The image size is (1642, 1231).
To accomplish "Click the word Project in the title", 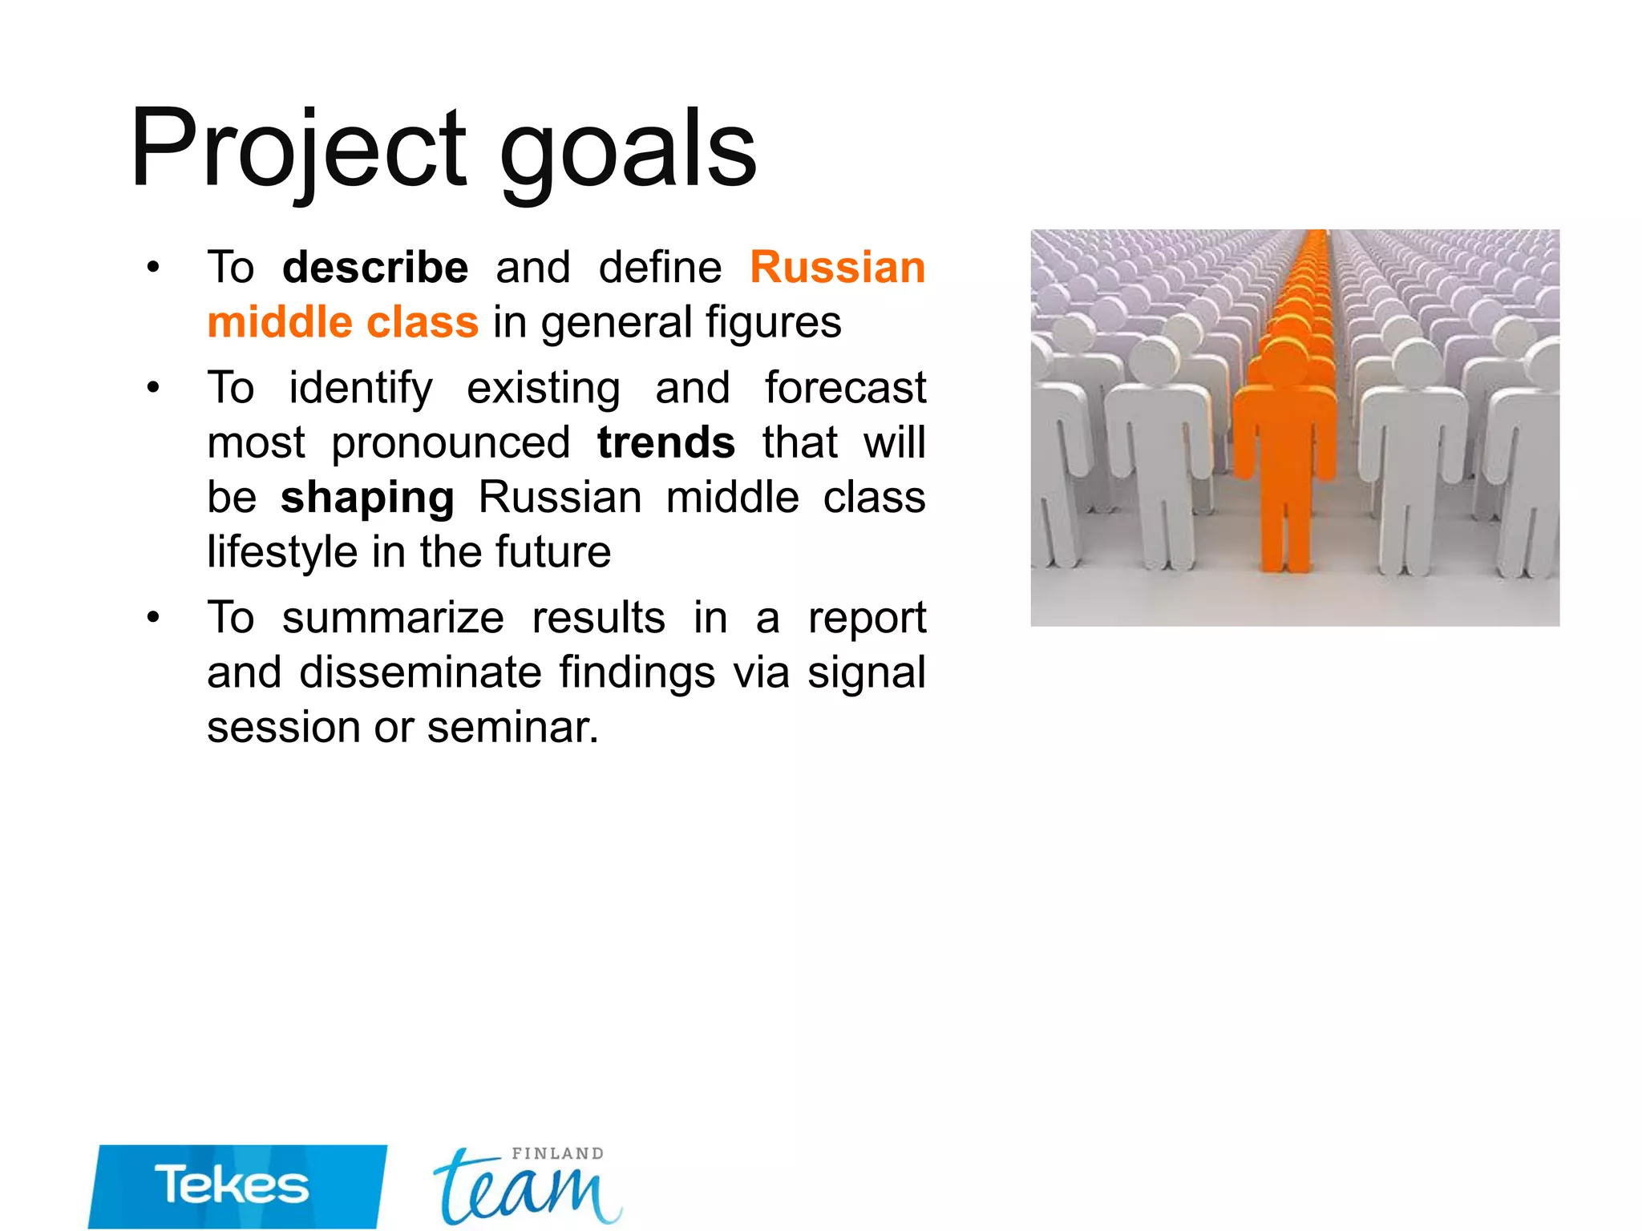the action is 298,152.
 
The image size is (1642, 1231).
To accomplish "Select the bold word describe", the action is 375,267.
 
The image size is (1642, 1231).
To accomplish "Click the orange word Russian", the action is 838,267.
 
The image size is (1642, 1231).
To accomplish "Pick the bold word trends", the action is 665,442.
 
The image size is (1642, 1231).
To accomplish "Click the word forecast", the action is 845,388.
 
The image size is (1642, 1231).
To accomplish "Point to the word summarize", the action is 393,618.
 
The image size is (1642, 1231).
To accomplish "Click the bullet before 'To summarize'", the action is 153,618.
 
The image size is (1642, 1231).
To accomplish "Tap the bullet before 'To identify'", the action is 153,389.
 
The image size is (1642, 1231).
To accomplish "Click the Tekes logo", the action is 237,1186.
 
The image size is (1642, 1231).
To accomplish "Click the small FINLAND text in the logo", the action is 558,1154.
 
